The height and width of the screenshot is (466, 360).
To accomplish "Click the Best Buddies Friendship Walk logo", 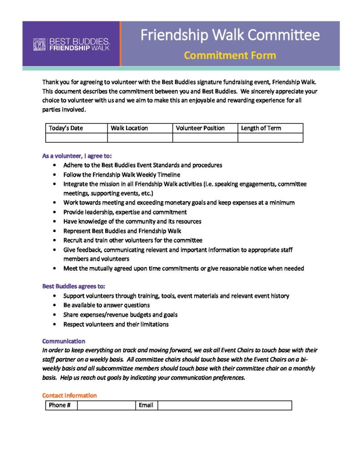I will click(x=71, y=44).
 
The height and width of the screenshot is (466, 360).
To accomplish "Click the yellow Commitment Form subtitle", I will click(x=230, y=56).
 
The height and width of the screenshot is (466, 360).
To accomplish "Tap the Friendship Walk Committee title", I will click(x=230, y=35).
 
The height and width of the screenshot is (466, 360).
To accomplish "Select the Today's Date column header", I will click(x=66, y=128).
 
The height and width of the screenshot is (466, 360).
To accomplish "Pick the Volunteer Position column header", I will click(x=200, y=128).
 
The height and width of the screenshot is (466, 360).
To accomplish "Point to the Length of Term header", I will click(x=261, y=128).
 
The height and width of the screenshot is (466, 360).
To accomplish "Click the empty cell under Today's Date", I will click(x=76, y=137).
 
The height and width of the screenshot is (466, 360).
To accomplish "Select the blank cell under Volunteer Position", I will click(x=205, y=137).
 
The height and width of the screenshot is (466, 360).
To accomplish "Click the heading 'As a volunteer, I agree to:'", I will click(x=74, y=156).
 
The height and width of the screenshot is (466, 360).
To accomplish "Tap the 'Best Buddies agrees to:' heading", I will click(x=74, y=286).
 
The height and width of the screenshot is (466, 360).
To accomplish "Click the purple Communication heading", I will click(x=64, y=341).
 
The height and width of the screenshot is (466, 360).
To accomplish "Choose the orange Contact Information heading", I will click(x=70, y=395).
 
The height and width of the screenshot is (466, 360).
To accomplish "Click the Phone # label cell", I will click(x=61, y=405).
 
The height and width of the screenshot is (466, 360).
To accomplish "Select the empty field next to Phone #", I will click(x=106, y=405).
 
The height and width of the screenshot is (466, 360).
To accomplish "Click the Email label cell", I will click(x=146, y=405).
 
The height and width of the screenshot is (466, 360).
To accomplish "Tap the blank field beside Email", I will click(x=224, y=405).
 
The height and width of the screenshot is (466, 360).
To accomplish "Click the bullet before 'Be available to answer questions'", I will click(x=55, y=305).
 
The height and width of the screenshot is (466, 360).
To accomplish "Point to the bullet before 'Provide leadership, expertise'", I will click(x=55, y=212).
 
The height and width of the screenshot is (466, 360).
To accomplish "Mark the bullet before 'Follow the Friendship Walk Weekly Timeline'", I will click(x=55, y=175).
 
